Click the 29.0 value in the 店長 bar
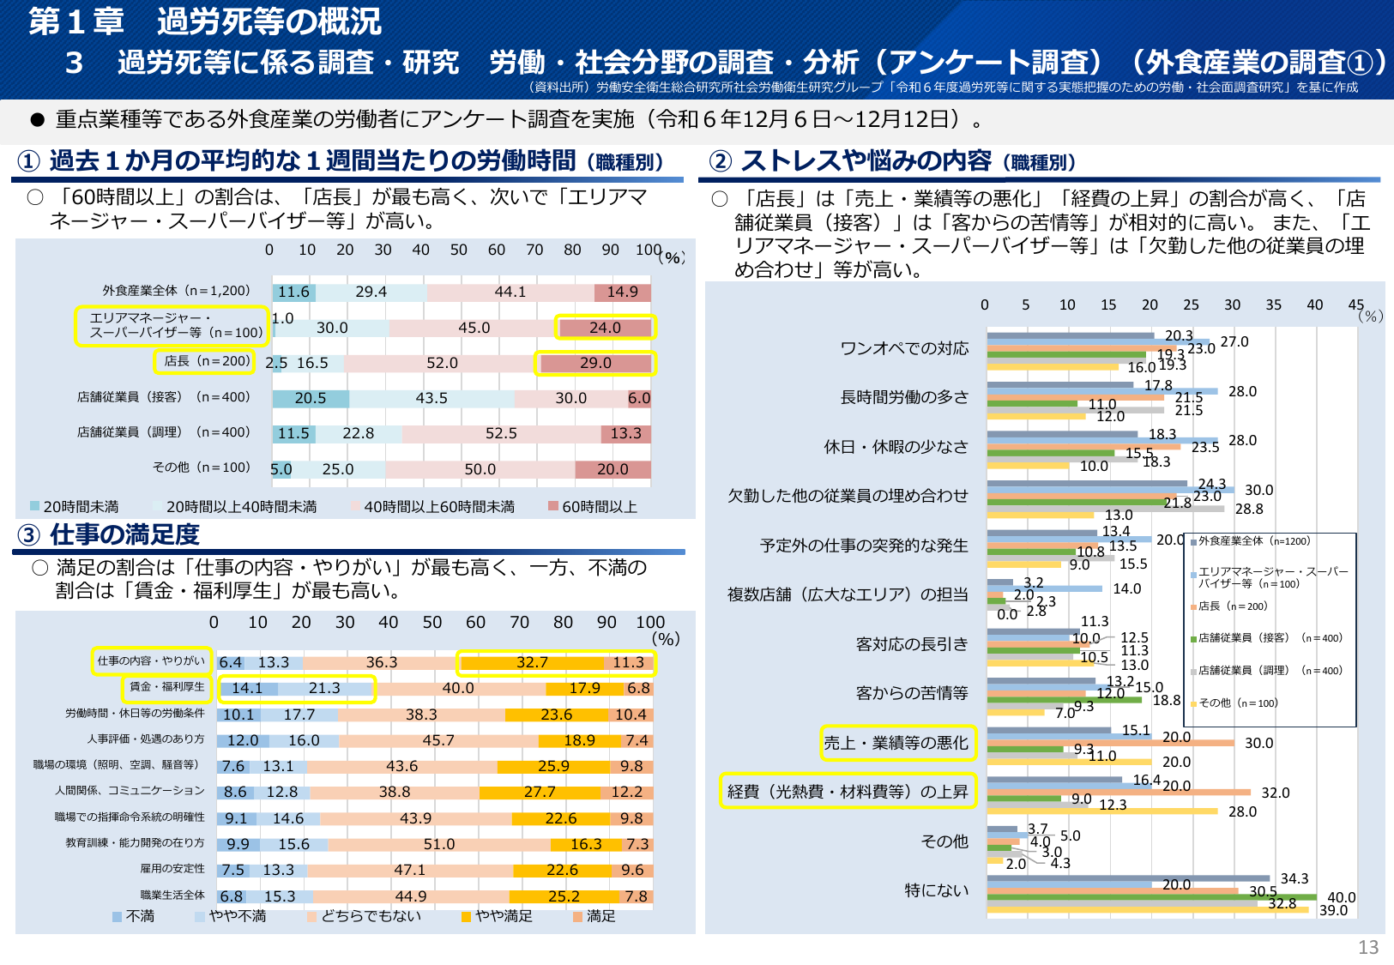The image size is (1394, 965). point(595,363)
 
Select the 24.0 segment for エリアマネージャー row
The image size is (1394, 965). point(605,328)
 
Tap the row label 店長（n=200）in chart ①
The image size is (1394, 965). point(205,361)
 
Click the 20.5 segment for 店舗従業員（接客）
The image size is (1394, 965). point(311,398)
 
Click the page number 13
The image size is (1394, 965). point(1367,947)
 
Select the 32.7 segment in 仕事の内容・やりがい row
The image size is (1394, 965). point(532,662)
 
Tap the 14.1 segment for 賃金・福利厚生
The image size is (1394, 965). point(247,688)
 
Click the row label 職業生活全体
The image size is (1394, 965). point(172,895)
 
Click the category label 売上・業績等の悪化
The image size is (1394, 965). point(896,743)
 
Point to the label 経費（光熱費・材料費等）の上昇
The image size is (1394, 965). point(848,792)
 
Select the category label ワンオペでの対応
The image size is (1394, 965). point(904,348)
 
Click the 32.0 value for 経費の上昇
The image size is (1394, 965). point(1275,793)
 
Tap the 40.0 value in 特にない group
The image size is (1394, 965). point(1341,897)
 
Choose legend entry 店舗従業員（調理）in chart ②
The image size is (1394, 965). point(1270,671)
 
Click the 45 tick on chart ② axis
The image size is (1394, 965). point(1355,305)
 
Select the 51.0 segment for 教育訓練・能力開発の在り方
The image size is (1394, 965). point(439,844)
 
